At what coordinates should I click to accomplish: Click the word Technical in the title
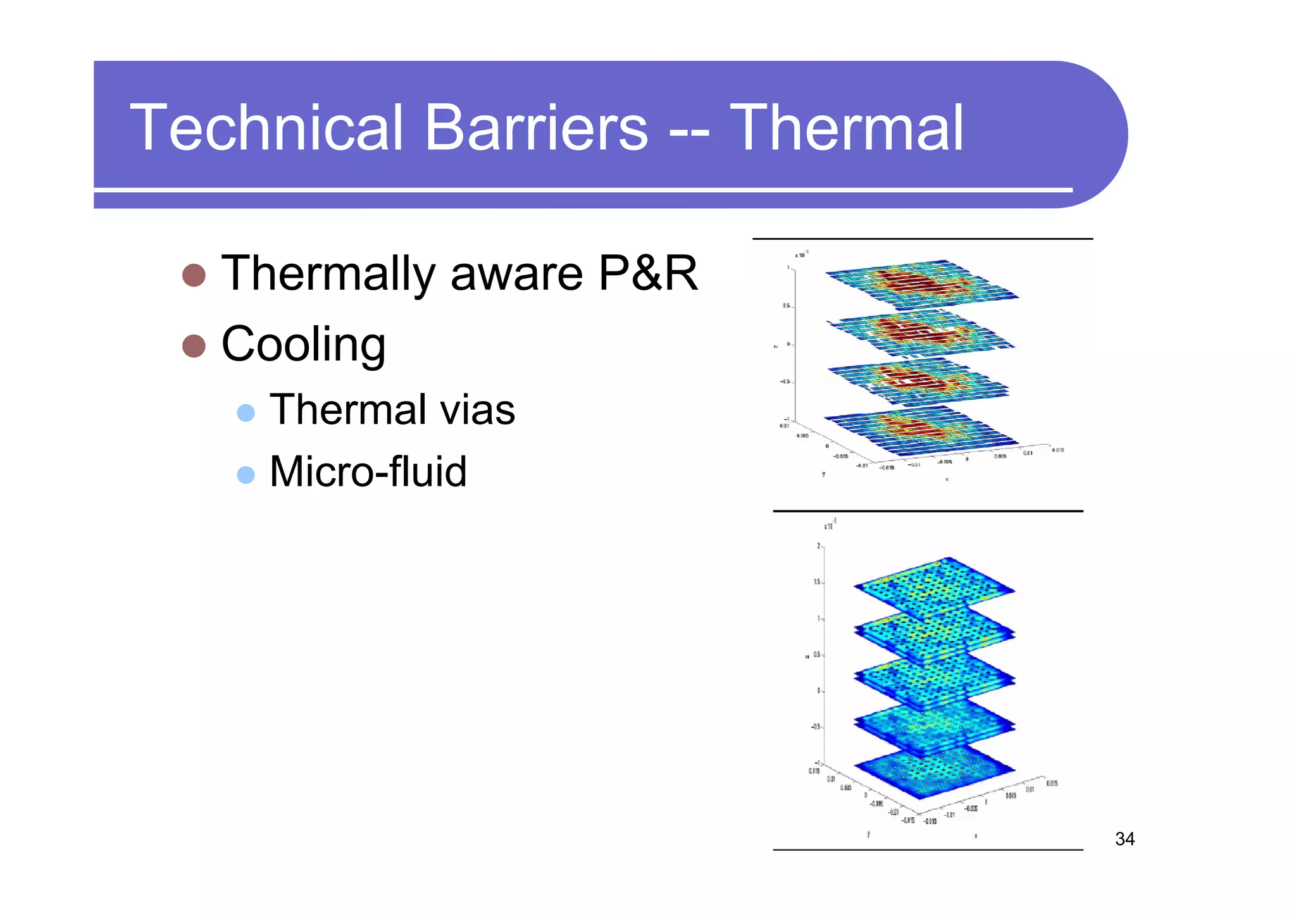(x=266, y=128)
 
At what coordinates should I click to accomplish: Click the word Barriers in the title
(x=536, y=128)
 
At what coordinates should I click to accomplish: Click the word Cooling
(x=303, y=345)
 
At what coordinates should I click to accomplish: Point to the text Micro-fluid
(x=368, y=472)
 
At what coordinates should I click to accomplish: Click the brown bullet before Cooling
(x=194, y=346)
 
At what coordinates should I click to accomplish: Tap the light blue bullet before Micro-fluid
(x=246, y=475)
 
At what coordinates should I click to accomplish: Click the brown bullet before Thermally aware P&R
(x=194, y=275)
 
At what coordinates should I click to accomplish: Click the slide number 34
(x=1125, y=839)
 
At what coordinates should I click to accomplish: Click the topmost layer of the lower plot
(x=933, y=585)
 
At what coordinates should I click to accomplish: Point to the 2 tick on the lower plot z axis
(x=818, y=546)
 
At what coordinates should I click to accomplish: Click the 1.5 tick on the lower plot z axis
(x=817, y=582)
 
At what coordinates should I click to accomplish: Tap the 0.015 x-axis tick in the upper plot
(x=1057, y=450)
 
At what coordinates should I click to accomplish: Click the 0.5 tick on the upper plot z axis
(x=786, y=306)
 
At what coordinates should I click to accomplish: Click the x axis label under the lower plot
(x=975, y=836)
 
